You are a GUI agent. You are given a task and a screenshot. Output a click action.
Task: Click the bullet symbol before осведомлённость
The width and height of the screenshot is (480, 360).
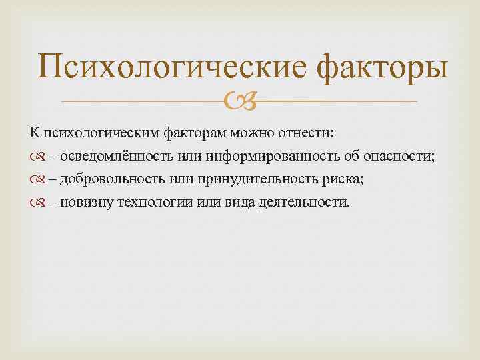(35, 157)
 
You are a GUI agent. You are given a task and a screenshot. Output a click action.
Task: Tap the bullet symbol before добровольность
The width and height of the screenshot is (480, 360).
(35, 179)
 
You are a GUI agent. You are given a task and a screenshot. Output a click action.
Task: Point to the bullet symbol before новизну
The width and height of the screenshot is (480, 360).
(35, 202)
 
